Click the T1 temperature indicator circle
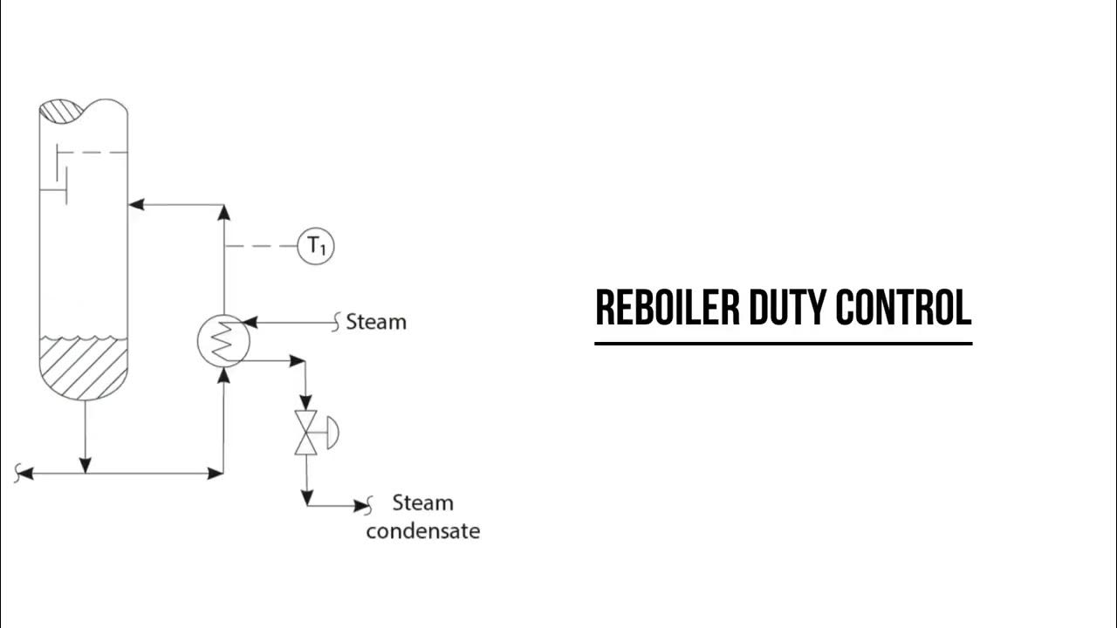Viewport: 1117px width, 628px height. coord(316,247)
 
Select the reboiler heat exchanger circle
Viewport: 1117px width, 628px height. coord(224,340)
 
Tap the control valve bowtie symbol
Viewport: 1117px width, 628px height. coord(306,433)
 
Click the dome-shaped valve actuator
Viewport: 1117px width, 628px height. coord(332,433)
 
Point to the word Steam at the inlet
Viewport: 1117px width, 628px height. coord(376,322)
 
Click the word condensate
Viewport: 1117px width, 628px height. coord(422,531)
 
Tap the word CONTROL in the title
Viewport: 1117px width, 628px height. coord(903,308)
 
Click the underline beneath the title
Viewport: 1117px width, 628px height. coord(783,343)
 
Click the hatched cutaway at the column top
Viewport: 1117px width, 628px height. coord(61,112)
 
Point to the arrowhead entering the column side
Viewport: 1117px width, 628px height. coord(136,205)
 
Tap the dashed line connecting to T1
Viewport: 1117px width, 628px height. coord(262,247)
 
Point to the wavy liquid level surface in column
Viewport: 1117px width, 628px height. coord(84,338)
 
